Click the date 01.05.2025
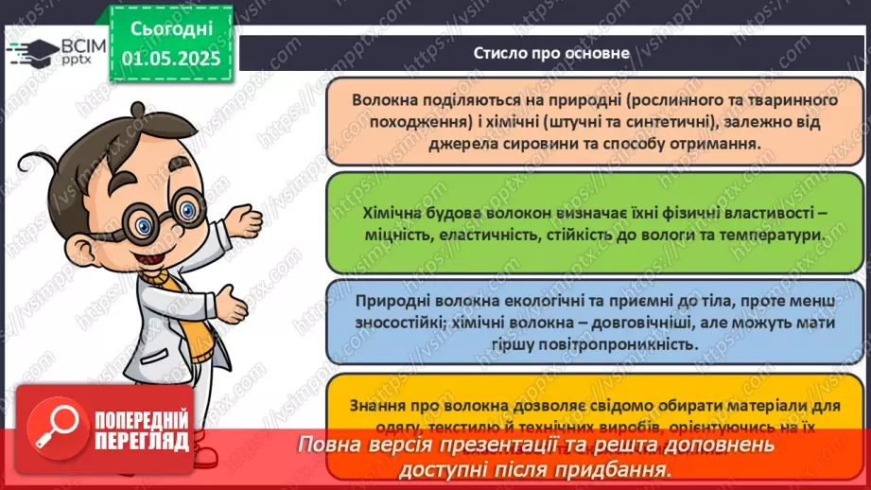pos(170,58)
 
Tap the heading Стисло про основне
pos(552,53)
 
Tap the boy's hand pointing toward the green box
pos(248,223)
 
